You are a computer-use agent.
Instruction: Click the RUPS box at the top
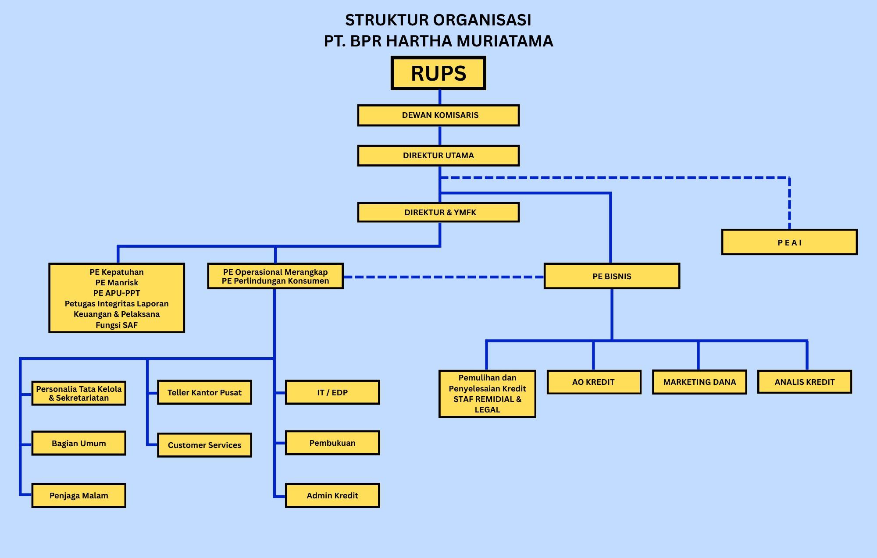(x=438, y=73)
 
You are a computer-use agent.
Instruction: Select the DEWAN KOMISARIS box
(x=438, y=115)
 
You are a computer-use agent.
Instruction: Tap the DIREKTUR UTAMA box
(x=438, y=156)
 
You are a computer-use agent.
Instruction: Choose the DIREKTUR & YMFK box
(x=438, y=212)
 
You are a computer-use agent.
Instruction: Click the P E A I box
(x=789, y=242)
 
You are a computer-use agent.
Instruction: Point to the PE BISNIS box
(x=612, y=276)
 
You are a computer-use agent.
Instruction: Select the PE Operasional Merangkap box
(x=275, y=276)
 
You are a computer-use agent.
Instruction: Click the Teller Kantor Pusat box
(x=204, y=392)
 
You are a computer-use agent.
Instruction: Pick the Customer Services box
(x=204, y=445)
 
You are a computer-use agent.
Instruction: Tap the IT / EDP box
(x=332, y=392)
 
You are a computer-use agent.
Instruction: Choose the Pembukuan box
(x=332, y=443)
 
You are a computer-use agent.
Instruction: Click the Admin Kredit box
(x=332, y=495)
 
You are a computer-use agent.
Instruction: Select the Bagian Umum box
(x=79, y=443)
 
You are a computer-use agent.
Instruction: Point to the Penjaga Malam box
(x=79, y=495)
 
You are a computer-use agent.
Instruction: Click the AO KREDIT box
(x=594, y=382)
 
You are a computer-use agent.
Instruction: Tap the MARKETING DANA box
(x=699, y=382)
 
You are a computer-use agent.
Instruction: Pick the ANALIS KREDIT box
(x=805, y=382)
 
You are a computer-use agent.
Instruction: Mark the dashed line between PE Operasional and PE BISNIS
(x=444, y=277)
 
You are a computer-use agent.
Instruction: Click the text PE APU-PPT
(x=117, y=293)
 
